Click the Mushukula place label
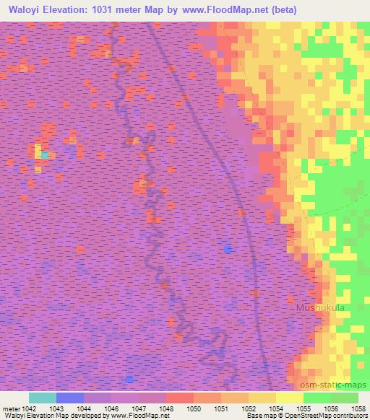[320, 308]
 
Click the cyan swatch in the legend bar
[43, 398]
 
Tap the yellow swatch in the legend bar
[290, 398]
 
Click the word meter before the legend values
[12, 408]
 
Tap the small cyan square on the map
[45, 154]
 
